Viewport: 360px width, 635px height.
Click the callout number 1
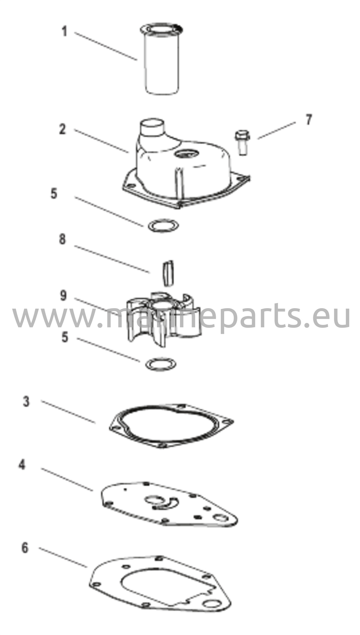coord(64,32)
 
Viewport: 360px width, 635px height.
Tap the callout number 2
coord(63,129)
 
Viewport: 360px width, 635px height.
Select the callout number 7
coord(308,120)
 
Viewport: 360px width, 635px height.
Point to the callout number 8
coord(63,239)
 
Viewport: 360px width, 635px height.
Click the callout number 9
coord(63,295)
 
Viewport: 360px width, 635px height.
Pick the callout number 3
coord(26,402)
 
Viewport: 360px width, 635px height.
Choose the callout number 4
coord(22,465)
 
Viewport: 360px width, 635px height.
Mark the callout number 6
coord(25,548)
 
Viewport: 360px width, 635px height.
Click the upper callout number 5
coord(54,194)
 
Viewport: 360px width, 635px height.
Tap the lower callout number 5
coord(64,337)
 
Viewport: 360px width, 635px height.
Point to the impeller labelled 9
coord(163,319)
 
